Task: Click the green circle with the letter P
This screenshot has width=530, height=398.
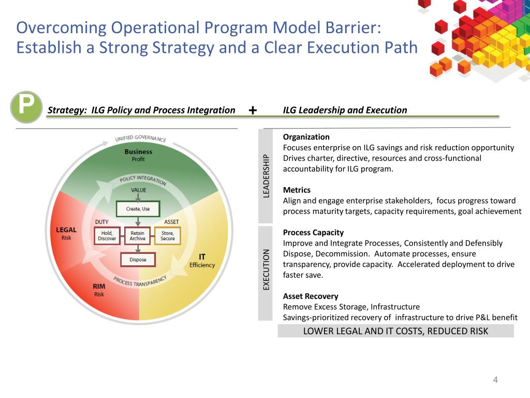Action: click(26, 107)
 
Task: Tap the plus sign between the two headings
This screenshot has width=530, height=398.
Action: click(253, 110)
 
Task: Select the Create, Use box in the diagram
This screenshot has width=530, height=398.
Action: click(138, 209)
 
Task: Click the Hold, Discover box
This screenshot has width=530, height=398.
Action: click(108, 236)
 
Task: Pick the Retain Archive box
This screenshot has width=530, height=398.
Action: click(138, 236)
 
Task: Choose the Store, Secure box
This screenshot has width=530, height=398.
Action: click(168, 236)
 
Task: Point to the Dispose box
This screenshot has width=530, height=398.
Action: click(138, 260)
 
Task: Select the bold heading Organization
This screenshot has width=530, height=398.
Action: click(306, 137)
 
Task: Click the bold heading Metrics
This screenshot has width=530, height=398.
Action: click(297, 190)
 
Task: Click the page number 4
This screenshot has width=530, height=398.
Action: click(495, 380)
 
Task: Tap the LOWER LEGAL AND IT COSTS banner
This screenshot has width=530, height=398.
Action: click(395, 331)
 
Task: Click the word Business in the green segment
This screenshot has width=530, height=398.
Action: click(138, 152)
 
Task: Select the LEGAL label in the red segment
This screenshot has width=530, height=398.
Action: click(66, 230)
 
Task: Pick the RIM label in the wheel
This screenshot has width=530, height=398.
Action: click(99, 286)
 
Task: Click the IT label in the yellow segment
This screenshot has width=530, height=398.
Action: click(202, 257)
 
